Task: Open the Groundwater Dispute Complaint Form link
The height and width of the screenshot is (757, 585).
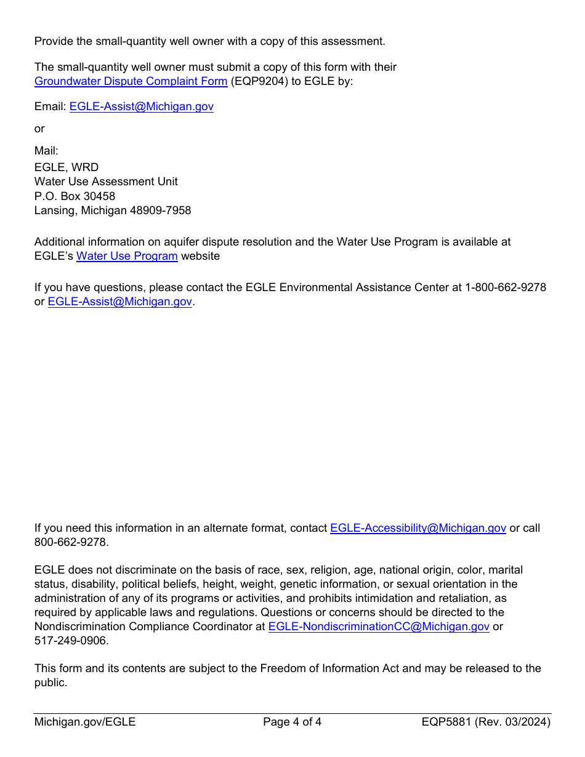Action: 131,81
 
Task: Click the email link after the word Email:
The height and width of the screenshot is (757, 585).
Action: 141,106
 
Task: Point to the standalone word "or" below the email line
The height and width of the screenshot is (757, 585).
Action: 39,129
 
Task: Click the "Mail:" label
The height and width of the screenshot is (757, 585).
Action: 46,151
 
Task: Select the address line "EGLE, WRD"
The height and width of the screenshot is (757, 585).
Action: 67,167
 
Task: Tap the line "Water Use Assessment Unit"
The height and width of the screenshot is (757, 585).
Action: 106,182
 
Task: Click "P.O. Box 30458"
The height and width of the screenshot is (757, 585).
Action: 75,196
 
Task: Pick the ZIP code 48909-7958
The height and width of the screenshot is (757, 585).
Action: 160,210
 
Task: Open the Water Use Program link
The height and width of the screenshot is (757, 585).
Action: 127,256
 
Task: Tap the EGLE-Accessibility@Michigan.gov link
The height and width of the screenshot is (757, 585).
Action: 418,528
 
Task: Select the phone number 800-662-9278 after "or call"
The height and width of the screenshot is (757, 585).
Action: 70,542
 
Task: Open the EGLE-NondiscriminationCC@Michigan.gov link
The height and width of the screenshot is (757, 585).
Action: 379,627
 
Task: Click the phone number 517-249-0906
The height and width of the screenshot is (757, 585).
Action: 70,641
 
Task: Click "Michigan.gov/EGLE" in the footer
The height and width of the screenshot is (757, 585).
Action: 85,722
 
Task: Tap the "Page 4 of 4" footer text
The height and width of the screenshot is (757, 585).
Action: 292,722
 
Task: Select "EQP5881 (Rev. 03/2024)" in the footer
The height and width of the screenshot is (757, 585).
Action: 486,722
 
